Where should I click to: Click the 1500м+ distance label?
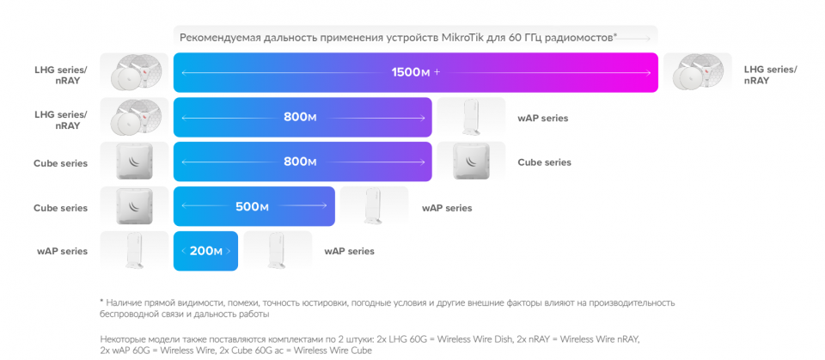click(415, 73)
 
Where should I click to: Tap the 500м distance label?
click(252, 207)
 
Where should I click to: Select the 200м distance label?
click(205, 252)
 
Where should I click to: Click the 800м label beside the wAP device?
click(300, 118)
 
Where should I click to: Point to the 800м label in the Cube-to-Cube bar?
click(300, 162)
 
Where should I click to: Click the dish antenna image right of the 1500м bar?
click(697, 73)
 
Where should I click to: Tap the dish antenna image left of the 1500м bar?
click(134, 73)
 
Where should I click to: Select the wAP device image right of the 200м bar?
click(278, 251)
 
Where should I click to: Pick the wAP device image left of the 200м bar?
click(134, 251)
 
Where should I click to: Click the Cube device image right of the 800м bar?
click(471, 162)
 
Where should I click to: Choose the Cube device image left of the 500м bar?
click(134, 206)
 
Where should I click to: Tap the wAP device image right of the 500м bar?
click(374, 206)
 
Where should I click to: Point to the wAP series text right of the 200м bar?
click(350, 252)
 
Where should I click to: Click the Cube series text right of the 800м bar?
click(545, 162)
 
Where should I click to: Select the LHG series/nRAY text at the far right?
click(770, 76)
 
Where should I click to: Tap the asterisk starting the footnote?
click(101, 302)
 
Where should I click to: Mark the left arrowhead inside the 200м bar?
click(183, 252)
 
